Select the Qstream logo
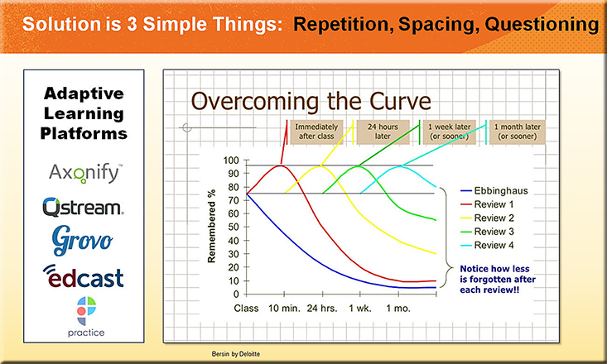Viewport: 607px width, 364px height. click(x=84, y=207)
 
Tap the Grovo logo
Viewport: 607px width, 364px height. click(x=82, y=240)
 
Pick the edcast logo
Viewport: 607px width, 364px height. click(x=84, y=276)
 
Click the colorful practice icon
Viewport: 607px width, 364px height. click(x=86, y=311)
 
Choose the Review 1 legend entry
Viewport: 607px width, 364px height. click(x=487, y=204)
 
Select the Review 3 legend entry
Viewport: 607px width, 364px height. click(x=487, y=232)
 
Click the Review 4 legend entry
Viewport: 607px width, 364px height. click(x=487, y=245)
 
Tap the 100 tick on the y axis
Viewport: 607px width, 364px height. click(x=231, y=160)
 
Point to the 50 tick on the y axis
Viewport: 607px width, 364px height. click(x=234, y=227)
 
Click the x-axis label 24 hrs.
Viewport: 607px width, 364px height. click(x=322, y=309)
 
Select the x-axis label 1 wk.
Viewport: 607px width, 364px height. click(x=360, y=309)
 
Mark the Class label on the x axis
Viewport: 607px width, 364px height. click(x=246, y=309)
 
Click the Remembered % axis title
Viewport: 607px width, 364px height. click(x=211, y=227)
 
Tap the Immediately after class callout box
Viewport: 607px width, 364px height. click(x=316, y=132)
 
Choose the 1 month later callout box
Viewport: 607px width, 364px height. click(x=518, y=132)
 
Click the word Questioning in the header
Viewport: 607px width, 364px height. click(x=542, y=24)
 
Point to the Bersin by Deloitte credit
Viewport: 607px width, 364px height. click(x=236, y=353)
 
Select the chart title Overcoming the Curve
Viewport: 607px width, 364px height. click(x=311, y=102)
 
